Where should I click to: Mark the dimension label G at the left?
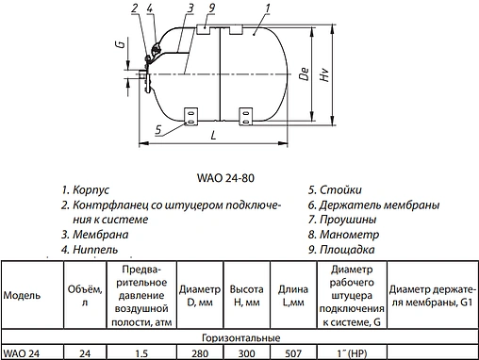pos(119,44)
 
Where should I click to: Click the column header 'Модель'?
pos(22,295)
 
